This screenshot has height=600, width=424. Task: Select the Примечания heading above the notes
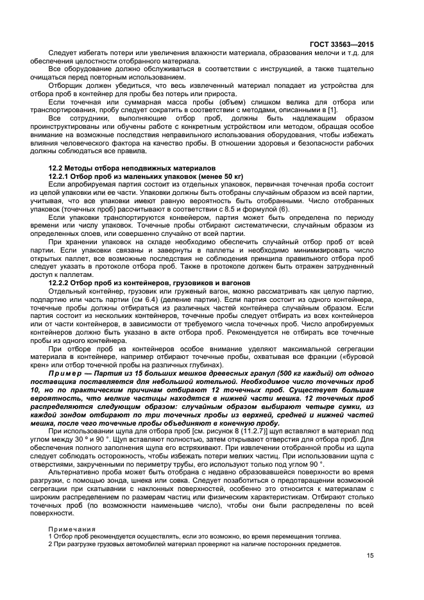(x=70, y=529)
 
